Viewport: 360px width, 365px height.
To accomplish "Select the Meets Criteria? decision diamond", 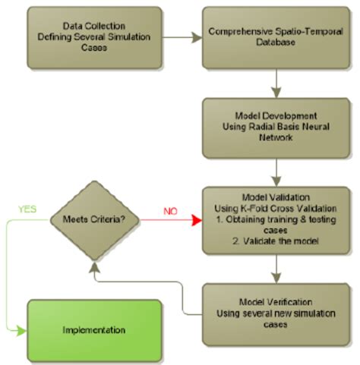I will click(x=90, y=220).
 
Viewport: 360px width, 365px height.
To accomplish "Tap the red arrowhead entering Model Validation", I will click(x=195, y=220).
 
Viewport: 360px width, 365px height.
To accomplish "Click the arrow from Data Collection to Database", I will click(x=182, y=36).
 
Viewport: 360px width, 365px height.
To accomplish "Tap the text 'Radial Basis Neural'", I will click(x=279, y=127).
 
